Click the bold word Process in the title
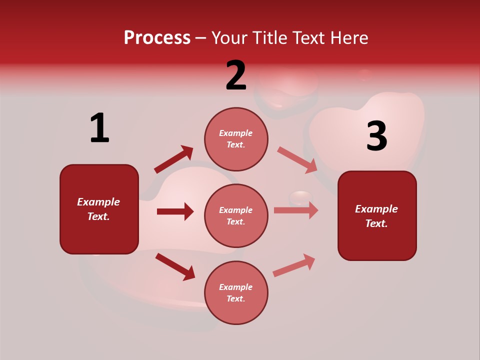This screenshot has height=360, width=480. point(157,38)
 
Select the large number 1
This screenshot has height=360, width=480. point(99,128)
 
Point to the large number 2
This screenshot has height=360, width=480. point(236,75)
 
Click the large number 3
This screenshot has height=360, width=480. point(376,136)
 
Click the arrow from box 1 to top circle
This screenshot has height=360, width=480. point(173,159)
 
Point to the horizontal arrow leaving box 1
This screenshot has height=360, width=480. point(175,211)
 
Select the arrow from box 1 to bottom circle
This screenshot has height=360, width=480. point(175,266)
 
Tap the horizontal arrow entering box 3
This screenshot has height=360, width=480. point(296,210)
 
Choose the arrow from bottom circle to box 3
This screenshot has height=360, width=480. point(294,265)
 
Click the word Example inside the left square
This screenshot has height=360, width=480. point(98,202)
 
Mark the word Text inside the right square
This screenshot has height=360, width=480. point(376,223)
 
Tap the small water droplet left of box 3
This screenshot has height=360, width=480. point(300,197)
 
